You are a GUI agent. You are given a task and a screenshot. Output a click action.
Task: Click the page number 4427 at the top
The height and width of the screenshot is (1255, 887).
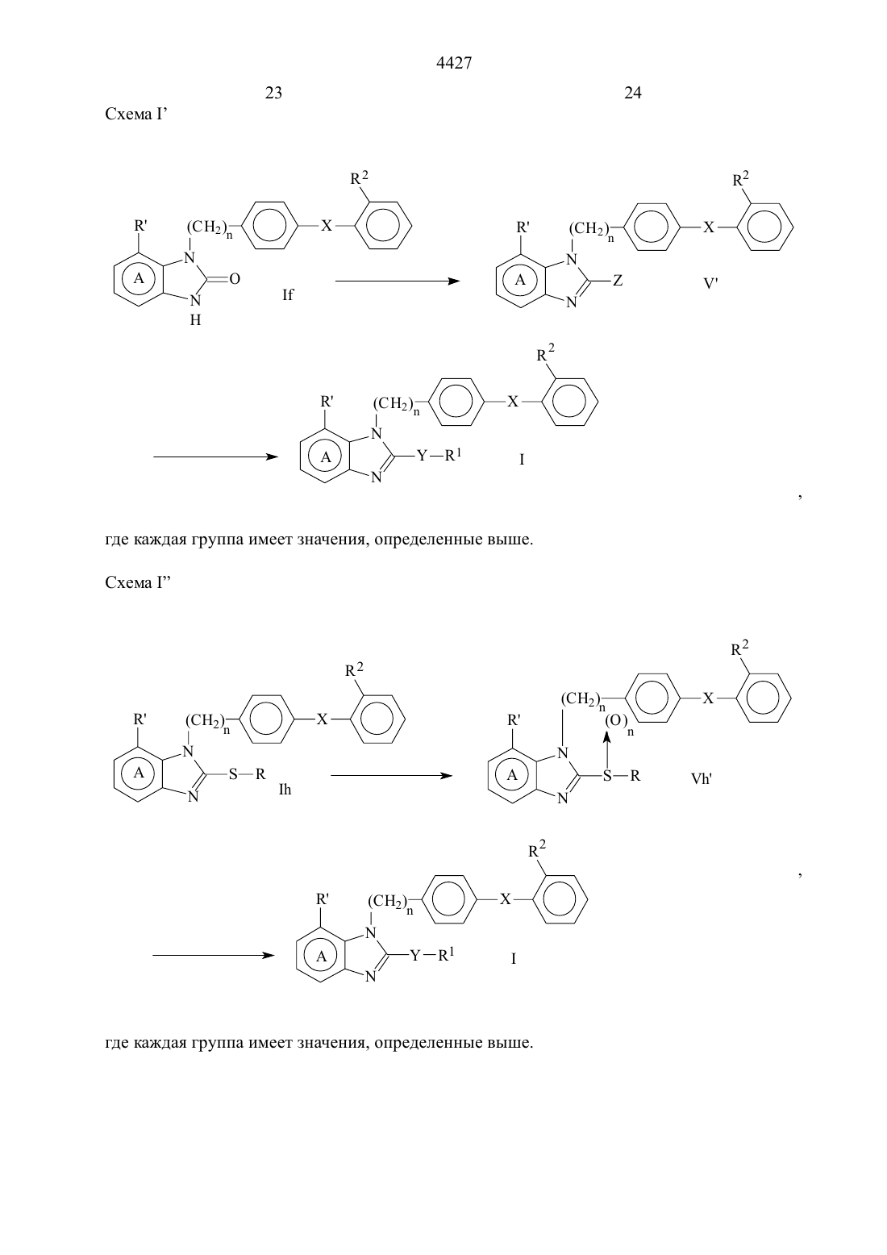click(453, 63)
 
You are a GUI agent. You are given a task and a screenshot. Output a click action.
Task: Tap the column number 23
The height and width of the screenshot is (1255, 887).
click(273, 93)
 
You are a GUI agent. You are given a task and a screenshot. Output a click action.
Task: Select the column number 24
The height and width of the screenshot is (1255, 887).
click(633, 93)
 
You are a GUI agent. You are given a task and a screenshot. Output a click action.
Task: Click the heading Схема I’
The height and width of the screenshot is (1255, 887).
click(136, 115)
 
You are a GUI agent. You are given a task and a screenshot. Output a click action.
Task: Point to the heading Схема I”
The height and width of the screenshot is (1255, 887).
click(138, 582)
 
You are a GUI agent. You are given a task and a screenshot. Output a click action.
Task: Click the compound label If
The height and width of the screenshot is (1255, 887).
click(287, 294)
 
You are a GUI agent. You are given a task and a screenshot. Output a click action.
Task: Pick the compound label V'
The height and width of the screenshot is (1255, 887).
click(710, 283)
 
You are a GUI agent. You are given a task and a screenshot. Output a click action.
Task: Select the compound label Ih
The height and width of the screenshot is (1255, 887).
click(285, 790)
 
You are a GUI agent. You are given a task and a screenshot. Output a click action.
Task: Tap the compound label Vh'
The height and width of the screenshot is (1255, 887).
click(701, 778)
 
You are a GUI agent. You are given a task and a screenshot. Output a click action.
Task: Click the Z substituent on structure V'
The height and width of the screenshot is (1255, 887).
click(617, 280)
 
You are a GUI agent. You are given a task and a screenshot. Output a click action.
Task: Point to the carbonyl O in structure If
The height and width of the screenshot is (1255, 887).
click(235, 278)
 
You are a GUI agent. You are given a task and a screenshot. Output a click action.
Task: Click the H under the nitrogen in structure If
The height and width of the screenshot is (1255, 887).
click(195, 320)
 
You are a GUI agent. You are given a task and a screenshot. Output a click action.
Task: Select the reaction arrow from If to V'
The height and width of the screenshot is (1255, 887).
click(398, 281)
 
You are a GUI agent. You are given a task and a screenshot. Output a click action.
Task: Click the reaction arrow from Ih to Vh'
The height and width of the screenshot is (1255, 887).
click(391, 775)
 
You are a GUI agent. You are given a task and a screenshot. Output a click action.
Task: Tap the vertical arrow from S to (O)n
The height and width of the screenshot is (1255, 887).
click(607, 751)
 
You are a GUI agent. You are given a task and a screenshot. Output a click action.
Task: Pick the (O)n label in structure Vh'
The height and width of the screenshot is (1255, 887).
click(619, 722)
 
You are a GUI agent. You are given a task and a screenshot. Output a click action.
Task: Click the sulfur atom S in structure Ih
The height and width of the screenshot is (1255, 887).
click(233, 774)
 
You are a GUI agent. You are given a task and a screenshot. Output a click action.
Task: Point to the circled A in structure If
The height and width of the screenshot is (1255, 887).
click(139, 278)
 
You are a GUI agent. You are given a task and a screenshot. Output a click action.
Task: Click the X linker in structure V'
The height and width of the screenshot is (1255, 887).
click(709, 227)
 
